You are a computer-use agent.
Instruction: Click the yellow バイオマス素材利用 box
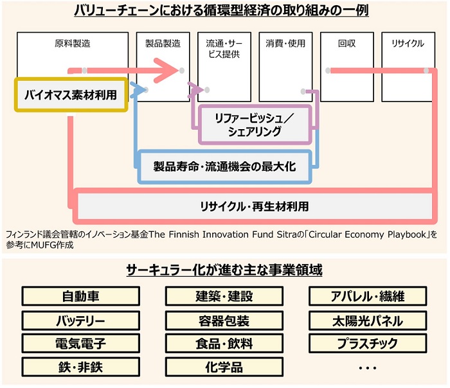[x=71, y=96]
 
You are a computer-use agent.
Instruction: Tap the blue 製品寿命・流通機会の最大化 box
[x=224, y=167]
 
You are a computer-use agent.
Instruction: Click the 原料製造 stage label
[x=72, y=44]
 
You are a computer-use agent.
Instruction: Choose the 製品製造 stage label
[x=163, y=44]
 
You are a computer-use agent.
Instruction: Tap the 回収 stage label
[x=346, y=44]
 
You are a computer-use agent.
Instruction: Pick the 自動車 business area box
[x=81, y=297]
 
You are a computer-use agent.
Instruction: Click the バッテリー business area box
[x=81, y=320]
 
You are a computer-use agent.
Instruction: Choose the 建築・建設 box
[x=224, y=297]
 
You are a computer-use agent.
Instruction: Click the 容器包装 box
[x=224, y=320]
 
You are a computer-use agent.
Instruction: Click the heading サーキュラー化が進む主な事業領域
[x=224, y=270]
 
